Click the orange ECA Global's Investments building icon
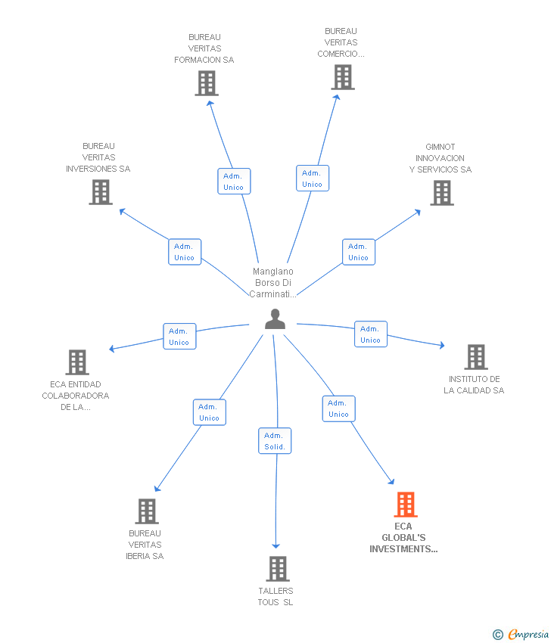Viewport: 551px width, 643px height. [406, 505]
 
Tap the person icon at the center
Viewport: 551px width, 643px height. [275, 320]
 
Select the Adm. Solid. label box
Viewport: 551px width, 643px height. [275, 441]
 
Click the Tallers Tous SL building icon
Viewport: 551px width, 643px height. [278, 569]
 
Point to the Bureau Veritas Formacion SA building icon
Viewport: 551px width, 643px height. [206, 83]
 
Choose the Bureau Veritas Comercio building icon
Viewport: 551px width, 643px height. [342, 77]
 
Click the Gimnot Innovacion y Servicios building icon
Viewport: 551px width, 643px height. [442, 193]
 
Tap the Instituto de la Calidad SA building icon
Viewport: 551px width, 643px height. [475, 357]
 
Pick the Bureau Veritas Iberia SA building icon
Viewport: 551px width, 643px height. [147, 511]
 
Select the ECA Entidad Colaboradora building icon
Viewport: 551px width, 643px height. [77, 362]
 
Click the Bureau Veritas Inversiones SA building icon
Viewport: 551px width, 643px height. [100, 192]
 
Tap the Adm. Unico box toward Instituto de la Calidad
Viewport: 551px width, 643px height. [370, 334]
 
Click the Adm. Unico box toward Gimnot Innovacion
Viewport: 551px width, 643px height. [358, 252]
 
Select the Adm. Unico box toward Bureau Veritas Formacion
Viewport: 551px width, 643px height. [234, 182]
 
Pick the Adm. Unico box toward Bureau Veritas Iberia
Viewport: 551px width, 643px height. [209, 412]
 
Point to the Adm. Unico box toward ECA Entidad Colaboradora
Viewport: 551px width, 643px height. [179, 337]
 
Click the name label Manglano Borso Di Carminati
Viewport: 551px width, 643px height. [272, 283]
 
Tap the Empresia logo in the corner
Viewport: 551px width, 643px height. [521, 635]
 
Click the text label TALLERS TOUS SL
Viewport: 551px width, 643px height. [275, 597]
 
